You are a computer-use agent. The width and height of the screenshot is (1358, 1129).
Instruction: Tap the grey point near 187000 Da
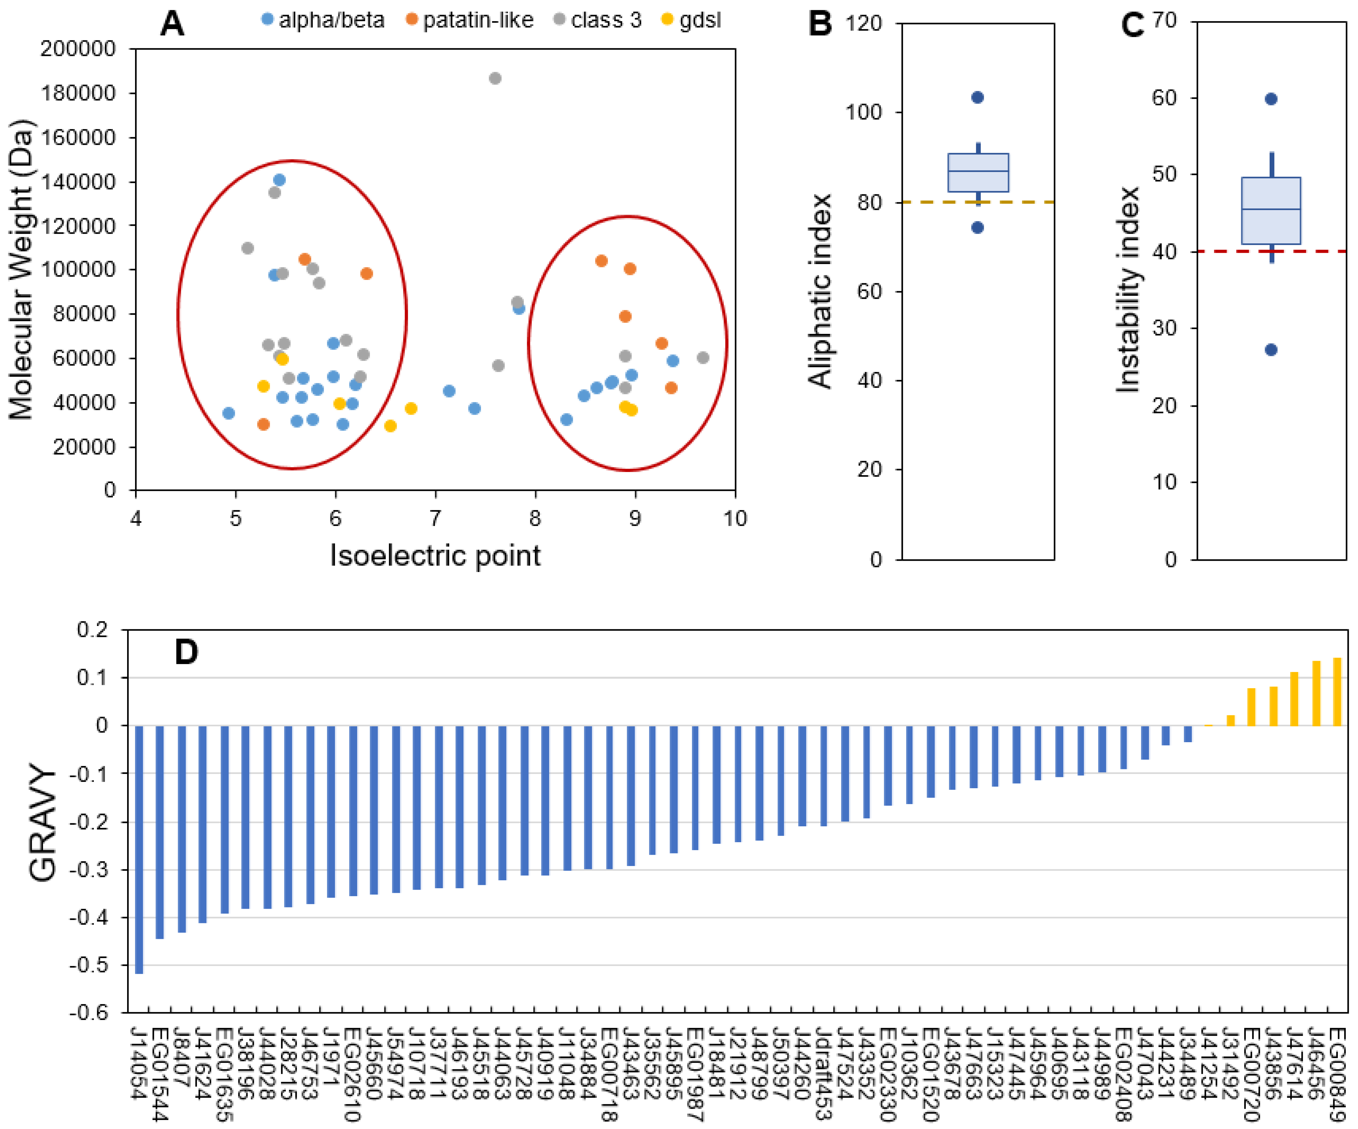[x=495, y=78]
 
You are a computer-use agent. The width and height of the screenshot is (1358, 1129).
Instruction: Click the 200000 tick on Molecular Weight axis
[x=77, y=49]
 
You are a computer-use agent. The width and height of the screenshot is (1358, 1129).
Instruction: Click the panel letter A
[x=172, y=25]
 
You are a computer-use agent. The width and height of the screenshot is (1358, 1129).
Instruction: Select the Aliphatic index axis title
[x=820, y=291]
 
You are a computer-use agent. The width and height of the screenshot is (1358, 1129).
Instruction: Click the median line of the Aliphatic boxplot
[x=978, y=171]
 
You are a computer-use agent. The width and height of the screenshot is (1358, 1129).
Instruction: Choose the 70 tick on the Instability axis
[x=1164, y=21]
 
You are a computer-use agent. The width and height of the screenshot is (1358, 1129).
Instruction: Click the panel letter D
[x=186, y=652]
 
